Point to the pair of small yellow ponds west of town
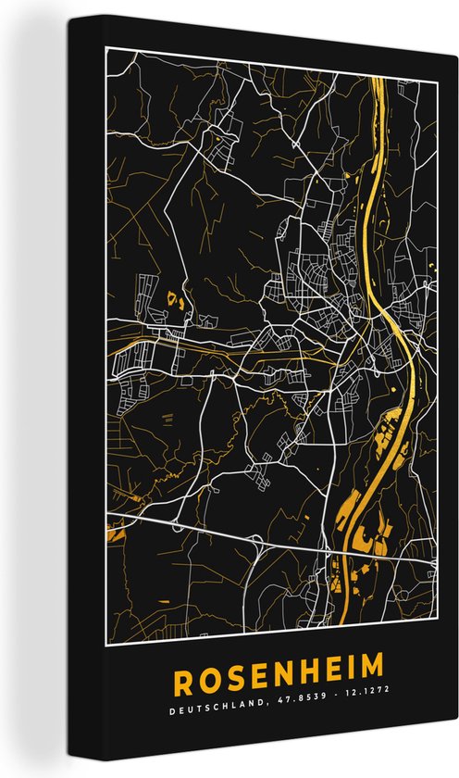[x=176, y=299]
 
